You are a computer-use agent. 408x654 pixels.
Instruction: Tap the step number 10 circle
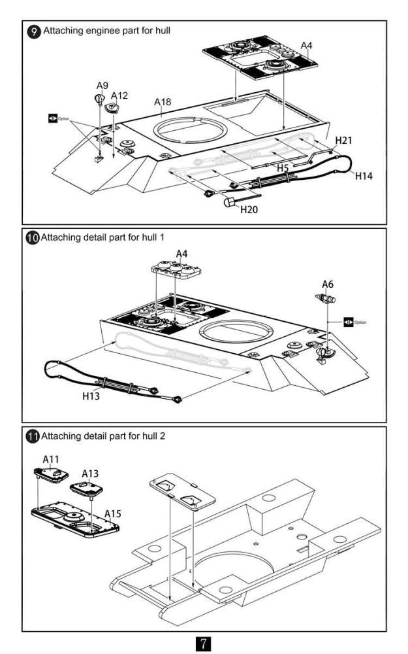(32, 238)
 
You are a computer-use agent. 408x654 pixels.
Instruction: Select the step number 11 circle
(32, 436)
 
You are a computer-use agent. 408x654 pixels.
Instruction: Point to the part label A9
(102, 86)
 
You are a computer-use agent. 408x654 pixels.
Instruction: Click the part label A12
(119, 95)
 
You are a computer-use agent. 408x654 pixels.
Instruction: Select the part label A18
(163, 102)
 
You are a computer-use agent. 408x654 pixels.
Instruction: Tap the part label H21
(344, 141)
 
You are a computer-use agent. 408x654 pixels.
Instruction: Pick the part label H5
(283, 168)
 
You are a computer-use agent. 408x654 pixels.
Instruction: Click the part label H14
(364, 175)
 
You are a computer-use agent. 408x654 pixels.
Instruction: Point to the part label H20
(249, 209)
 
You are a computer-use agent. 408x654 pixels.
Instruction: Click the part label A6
(328, 284)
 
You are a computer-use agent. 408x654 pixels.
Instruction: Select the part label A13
(90, 473)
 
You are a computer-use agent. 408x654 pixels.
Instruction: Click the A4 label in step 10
(182, 253)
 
